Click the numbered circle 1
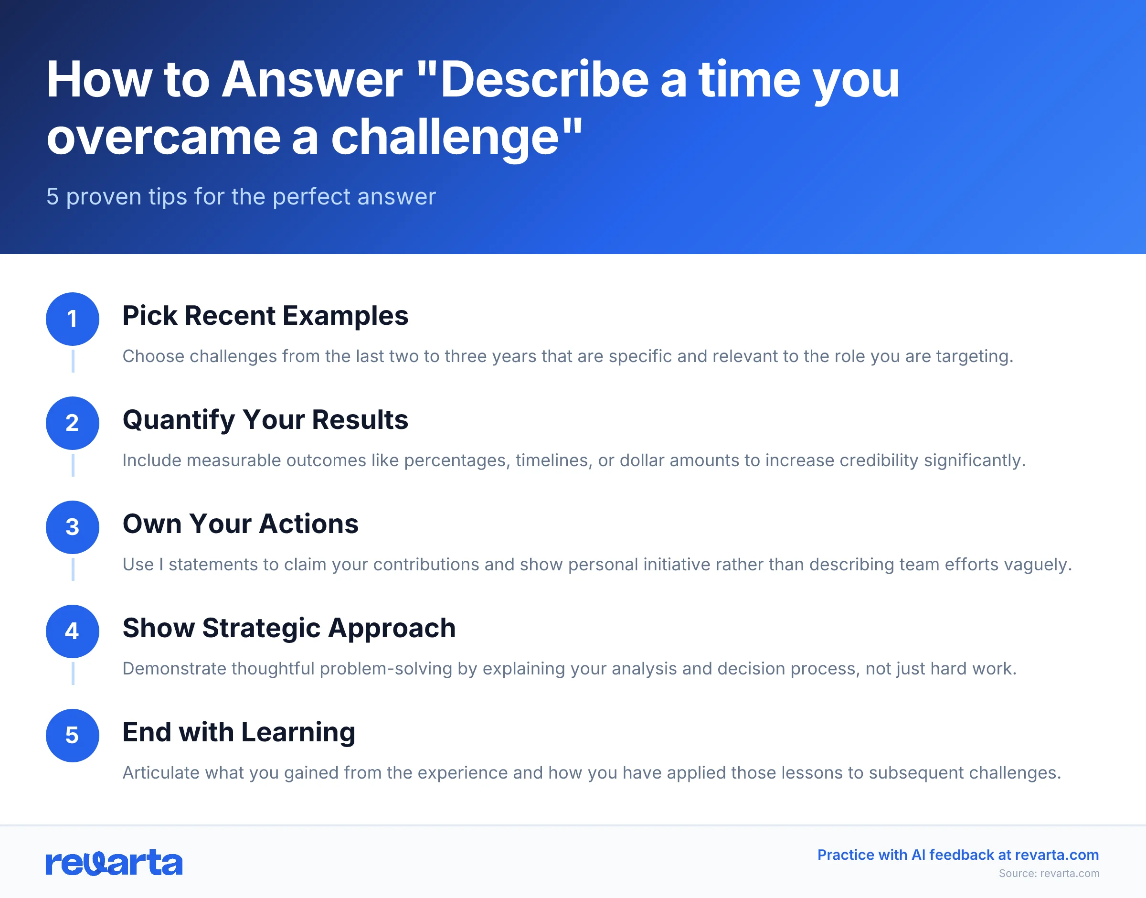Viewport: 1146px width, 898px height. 73,319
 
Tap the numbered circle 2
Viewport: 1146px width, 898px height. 73,423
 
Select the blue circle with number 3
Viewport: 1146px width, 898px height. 73,527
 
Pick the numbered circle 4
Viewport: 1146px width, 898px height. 73,631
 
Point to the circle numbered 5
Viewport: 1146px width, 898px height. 73,736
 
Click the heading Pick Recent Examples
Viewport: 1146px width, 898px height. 265,316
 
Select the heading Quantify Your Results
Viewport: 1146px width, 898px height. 265,420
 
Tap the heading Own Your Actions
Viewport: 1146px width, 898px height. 240,524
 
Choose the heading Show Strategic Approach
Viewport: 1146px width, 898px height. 289,628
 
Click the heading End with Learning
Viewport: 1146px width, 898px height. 239,732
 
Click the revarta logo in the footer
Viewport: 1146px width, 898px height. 114,863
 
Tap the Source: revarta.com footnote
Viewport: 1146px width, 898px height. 1049,873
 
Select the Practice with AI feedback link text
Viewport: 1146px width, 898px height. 958,855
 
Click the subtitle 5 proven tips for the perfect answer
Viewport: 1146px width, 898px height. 241,197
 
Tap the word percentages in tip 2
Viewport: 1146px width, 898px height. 456,460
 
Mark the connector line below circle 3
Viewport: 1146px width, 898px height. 73,569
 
